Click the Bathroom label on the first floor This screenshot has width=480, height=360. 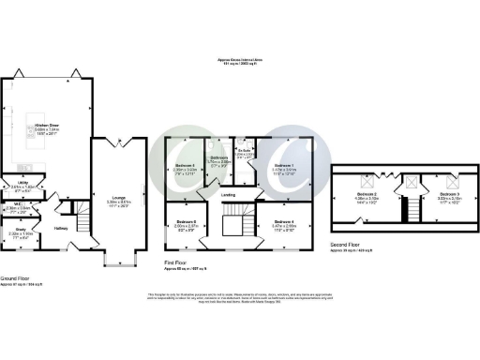tap(218, 159)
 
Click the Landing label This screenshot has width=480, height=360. tap(229, 196)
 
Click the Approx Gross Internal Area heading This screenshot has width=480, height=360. tap(240, 59)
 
